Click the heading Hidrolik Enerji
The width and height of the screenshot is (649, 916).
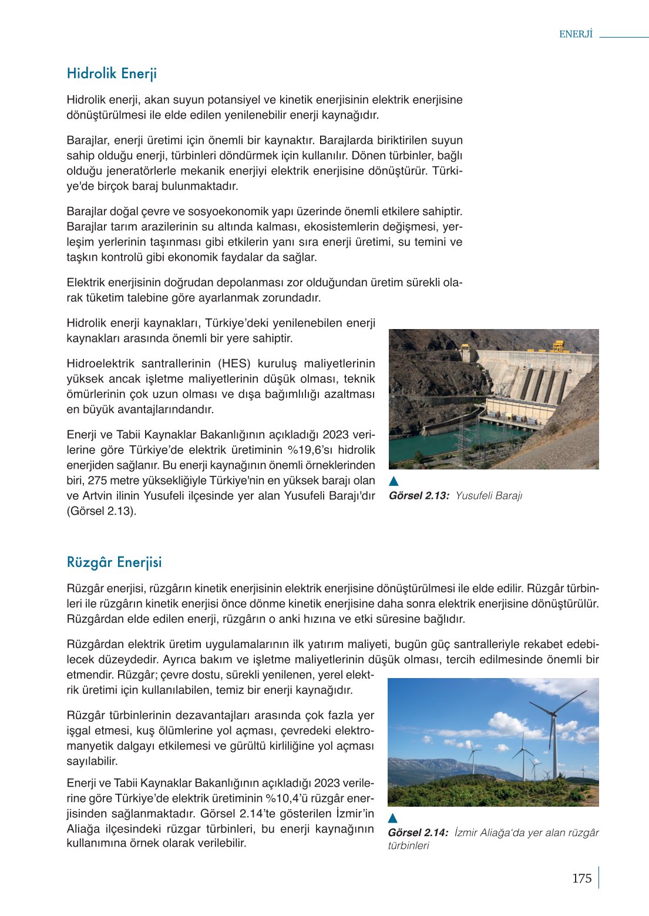[x=112, y=73]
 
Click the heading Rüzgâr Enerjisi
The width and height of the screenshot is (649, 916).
[x=114, y=562]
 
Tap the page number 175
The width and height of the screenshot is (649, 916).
[x=581, y=878]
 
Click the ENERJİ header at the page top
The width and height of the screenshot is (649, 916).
[x=576, y=34]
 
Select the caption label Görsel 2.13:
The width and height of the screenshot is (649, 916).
[x=419, y=496]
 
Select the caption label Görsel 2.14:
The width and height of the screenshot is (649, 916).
[x=418, y=833]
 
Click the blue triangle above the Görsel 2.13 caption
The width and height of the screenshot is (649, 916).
[x=394, y=482]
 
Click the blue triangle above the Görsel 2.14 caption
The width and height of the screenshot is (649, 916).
[x=393, y=818]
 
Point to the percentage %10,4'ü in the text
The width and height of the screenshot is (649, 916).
[x=288, y=798]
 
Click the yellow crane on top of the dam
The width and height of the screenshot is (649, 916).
[x=557, y=345]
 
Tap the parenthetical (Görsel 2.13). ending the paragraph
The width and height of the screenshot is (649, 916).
[x=101, y=511]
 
